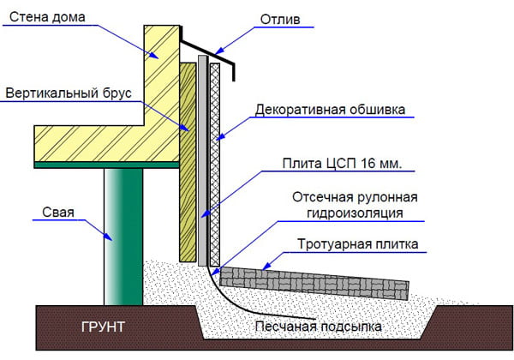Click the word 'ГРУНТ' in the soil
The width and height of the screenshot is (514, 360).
pos(103,327)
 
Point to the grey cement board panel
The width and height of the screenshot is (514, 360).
pos(202,163)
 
